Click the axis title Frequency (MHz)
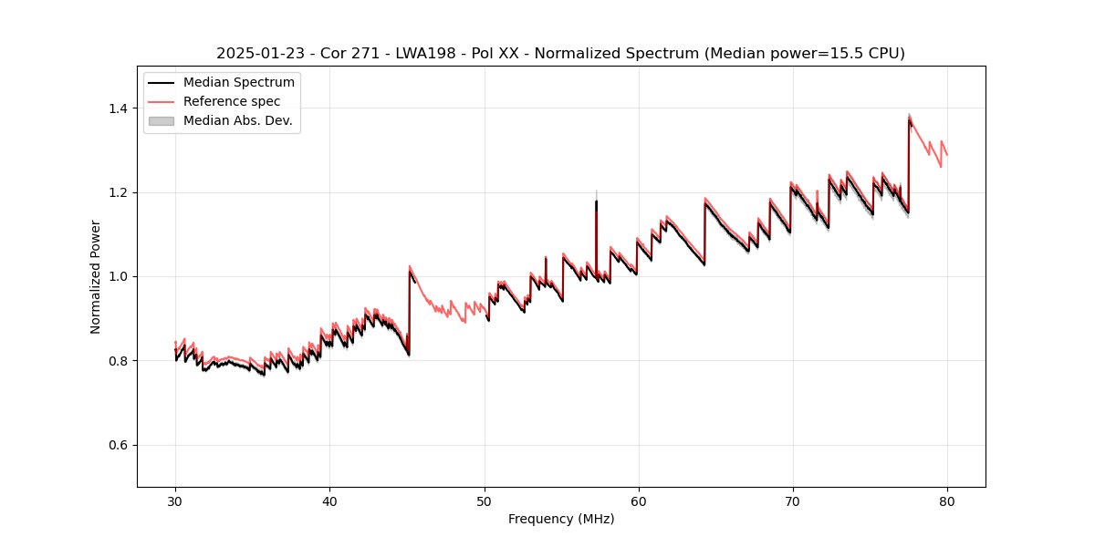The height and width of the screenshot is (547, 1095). click(x=561, y=519)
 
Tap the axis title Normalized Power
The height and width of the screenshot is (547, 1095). click(x=96, y=276)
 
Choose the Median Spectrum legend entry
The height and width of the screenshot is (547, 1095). click(x=238, y=83)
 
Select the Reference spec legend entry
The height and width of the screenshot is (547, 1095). click(x=232, y=102)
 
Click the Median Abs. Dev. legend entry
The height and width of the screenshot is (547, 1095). click(x=237, y=120)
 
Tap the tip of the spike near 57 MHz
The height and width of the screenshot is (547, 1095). click(x=596, y=201)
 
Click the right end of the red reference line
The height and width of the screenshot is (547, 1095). click(x=947, y=155)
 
